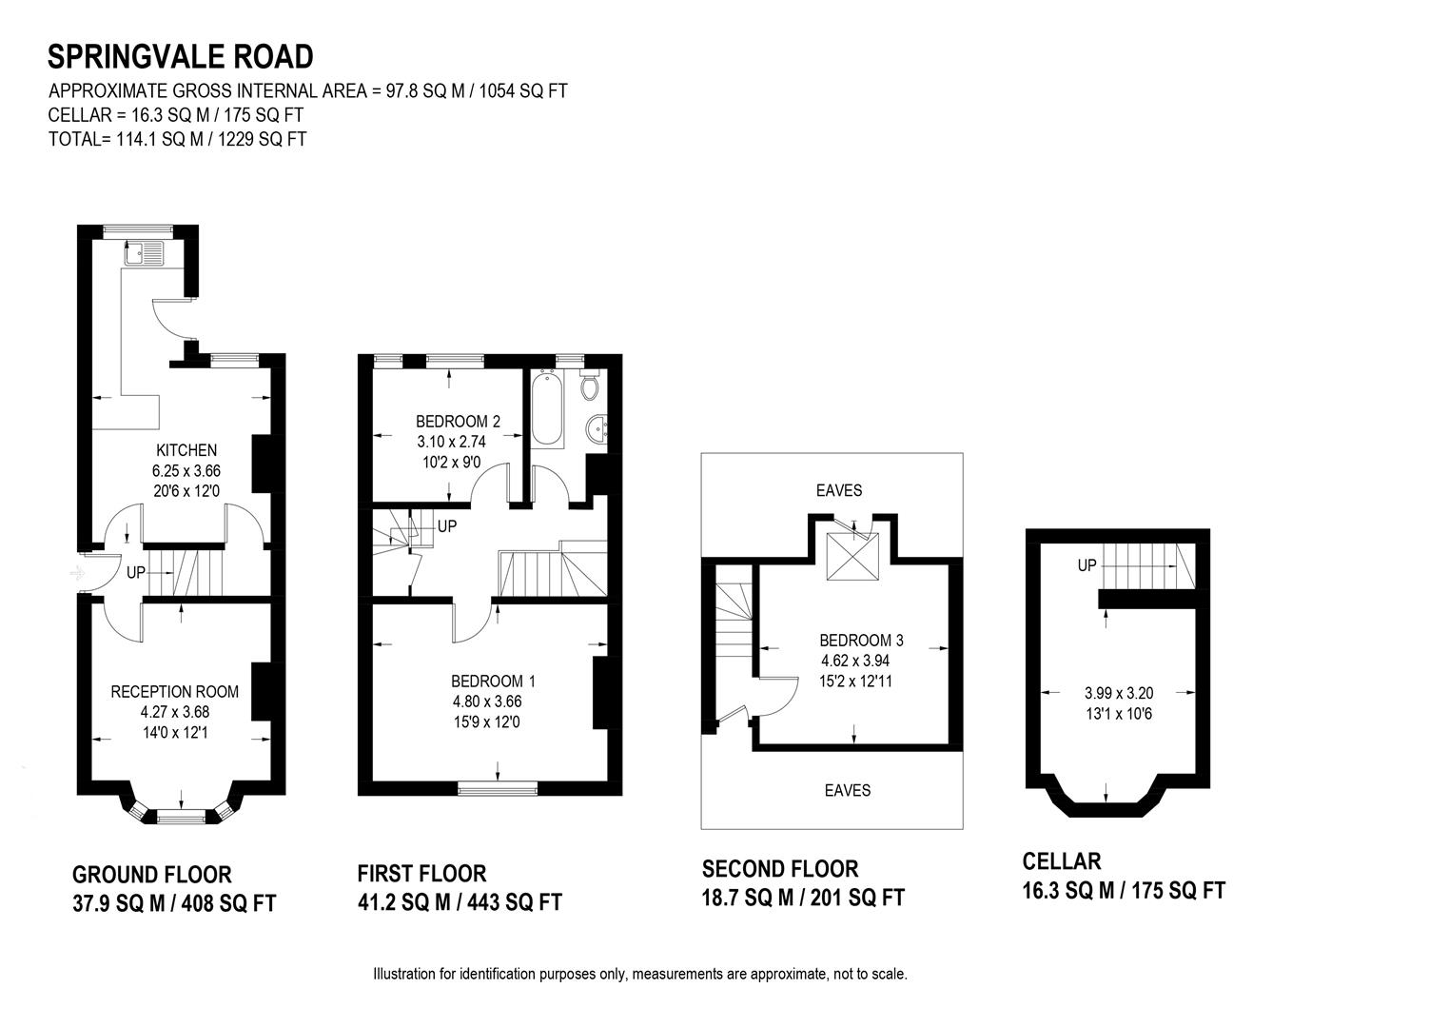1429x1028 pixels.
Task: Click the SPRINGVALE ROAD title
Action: click(x=180, y=57)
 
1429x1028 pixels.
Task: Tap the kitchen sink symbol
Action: click(x=144, y=253)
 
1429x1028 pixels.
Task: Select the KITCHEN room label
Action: click(x=186, y=450)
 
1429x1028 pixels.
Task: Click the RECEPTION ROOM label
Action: click(x=175, y=692)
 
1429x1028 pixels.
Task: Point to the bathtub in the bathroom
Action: click(x=547, y=410)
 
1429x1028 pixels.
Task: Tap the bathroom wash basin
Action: click(x=599, y=429)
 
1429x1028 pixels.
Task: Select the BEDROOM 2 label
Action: click(x=458, y=422)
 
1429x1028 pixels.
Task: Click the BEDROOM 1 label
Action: click(x=493, y=682)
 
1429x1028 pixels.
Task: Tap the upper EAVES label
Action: click(x=838, y=491)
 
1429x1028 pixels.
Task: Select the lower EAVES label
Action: click(x=847, y=790)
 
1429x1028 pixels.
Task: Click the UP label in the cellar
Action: click(x=1087, y=565)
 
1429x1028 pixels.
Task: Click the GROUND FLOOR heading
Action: click(x=152, y=875)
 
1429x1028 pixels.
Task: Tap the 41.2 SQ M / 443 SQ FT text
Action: click(x=460, y=902)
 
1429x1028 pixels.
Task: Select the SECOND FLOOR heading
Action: click(x=780, y=869)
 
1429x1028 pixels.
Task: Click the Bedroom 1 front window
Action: click(x=497, y=787)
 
